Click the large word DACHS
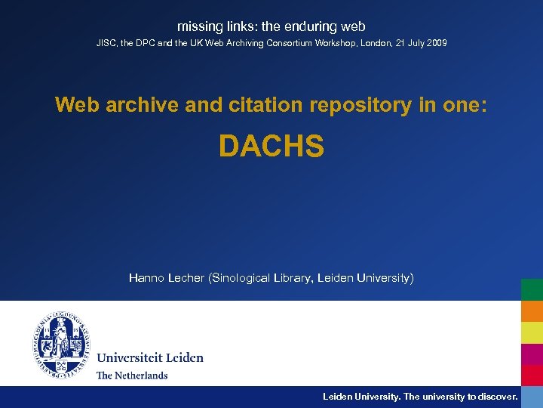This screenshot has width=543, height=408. pyautogui.click(x=271, y=147)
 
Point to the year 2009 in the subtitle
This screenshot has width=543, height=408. pyautogui.click(x=436, y=43)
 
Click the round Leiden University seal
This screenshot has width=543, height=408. pyautogui.click(x=61, y=345)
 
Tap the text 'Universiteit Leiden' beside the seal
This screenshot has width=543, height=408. pyautogui.click(x=149, y=357)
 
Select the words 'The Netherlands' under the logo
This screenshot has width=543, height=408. pyautogui.click(x=132, y=375)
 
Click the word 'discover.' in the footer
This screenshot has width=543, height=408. pyautogui.click(x=497, y=396)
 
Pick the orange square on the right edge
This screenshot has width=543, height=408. pyautogui.click(x=532, y=311)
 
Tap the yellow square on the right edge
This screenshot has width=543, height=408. pyautogui.click(x=532, y=332)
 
